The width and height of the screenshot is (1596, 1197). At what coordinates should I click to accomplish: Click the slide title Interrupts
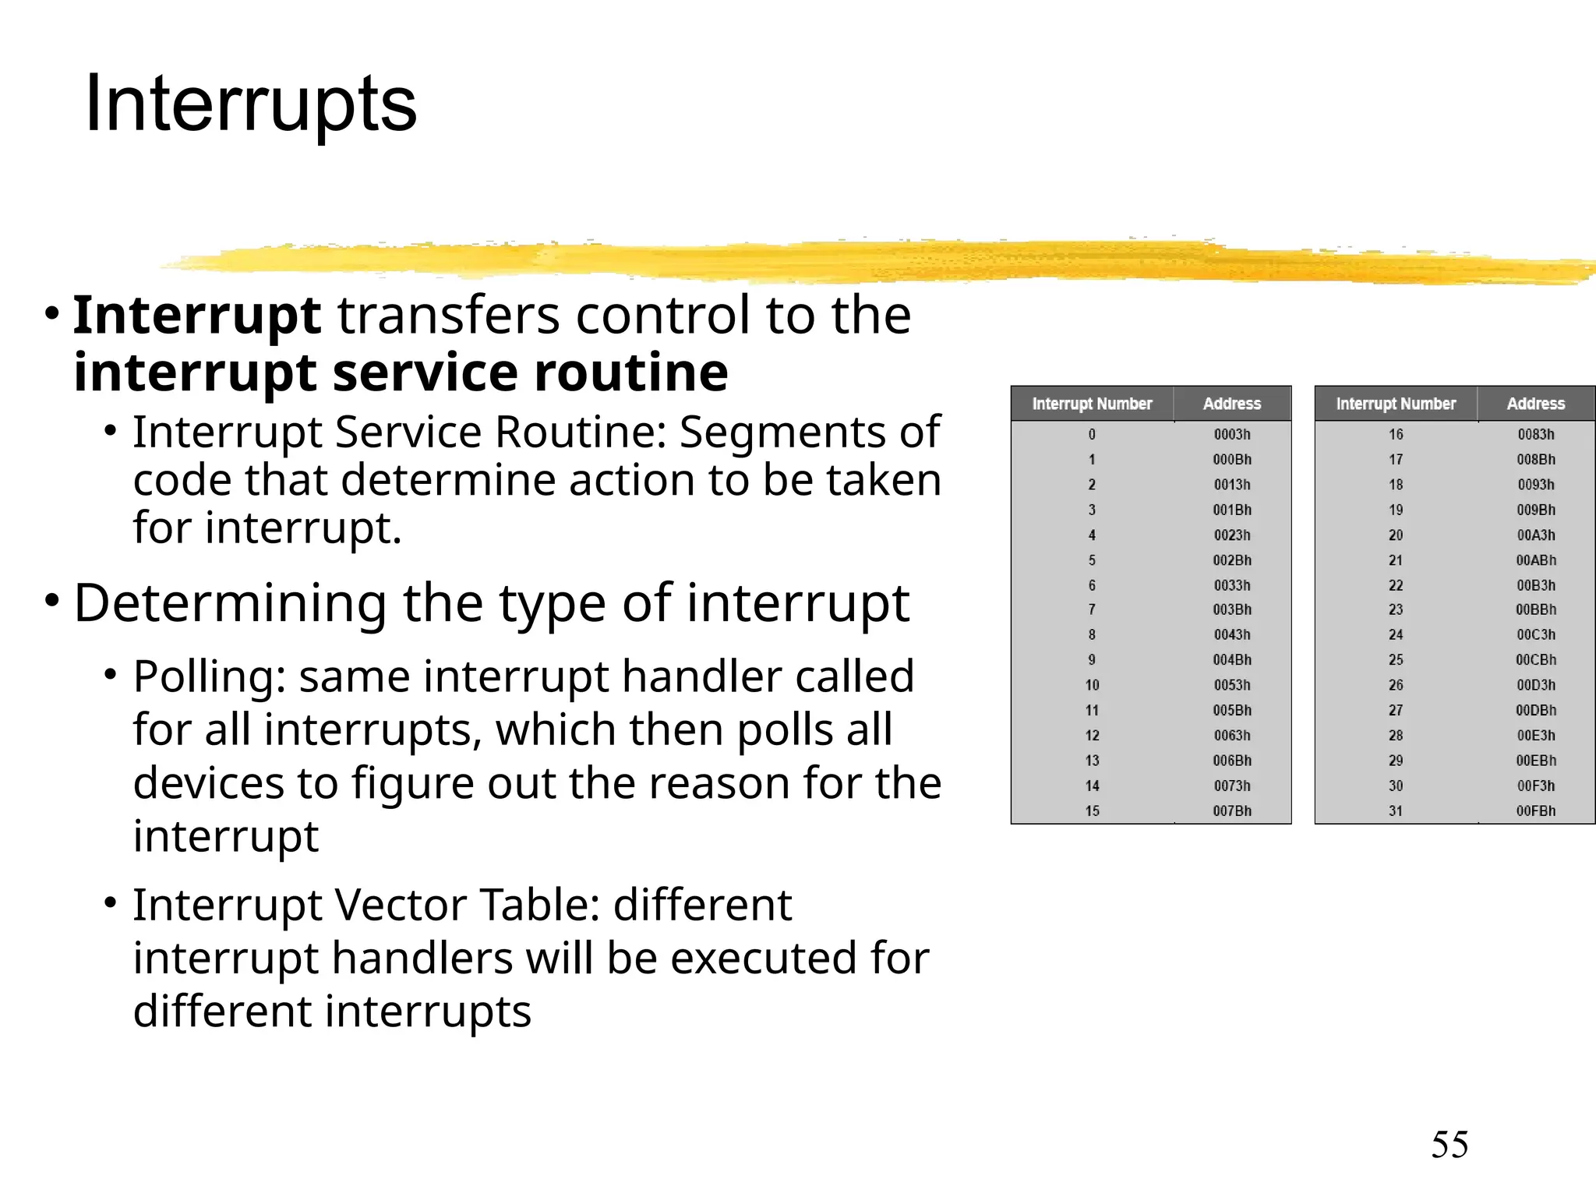coord(250,104)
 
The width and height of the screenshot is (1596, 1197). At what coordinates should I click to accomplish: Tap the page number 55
coord(1449,1145)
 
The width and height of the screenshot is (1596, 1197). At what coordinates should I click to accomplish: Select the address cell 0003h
coord(1231,434)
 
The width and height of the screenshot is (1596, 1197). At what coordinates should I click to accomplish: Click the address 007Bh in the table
coord(1231,810)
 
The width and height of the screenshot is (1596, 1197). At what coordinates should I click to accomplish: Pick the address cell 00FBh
coord(1535,810)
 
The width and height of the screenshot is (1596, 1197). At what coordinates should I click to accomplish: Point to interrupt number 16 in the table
coord(1395,434)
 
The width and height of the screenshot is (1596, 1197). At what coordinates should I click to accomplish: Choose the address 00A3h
coord(1535,535)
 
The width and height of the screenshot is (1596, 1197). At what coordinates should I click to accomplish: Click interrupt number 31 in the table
coord(1395,810)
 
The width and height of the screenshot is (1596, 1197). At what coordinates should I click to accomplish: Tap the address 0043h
coord(1231,634)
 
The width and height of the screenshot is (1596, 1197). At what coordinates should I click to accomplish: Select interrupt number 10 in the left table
coord(1092,685)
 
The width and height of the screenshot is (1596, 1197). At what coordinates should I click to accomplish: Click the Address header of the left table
coord(1231,404)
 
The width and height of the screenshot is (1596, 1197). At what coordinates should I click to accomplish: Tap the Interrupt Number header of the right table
coord(1396,404)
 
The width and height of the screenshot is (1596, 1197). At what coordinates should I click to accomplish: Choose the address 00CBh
coord(1535,659)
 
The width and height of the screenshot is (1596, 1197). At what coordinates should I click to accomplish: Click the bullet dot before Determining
coord(51,601)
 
